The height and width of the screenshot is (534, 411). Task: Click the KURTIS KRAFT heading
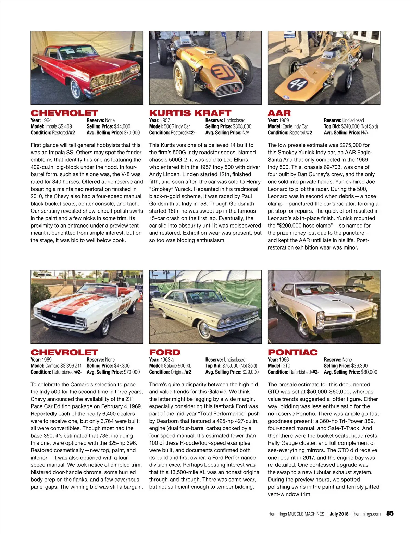click(190, 113)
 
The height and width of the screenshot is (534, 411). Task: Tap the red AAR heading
click(279, 113)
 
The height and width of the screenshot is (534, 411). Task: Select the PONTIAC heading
click(292, 352)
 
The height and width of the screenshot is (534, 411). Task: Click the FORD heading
click(164, 352)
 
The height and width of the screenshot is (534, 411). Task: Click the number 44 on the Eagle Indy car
click(297, 84)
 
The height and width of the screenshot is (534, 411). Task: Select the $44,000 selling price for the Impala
click(122, 126)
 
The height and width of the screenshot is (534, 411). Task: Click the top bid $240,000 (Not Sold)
click(359, 126)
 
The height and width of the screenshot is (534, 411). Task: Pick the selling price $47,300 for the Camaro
click(122, 366)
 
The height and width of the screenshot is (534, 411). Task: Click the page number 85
click(390, 513)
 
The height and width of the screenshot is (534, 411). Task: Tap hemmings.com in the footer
click(367, 514)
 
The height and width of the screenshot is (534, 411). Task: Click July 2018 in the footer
click(339, 514)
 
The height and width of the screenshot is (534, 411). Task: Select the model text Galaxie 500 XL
click(177, 366)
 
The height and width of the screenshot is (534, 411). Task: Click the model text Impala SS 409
click(59, 126)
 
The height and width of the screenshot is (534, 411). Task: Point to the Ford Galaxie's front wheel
click(204, 331)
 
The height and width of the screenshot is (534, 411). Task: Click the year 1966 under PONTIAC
click(284, 360)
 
